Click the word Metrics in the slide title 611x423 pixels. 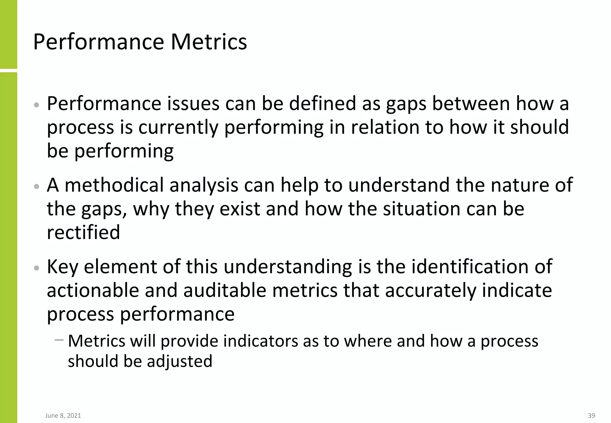(x=209, y=42)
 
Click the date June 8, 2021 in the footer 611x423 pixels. (x=63, y=416)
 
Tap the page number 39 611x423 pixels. (x=591, y=416)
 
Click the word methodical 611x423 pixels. (x=114, y=185)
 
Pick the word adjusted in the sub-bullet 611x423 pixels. (x=180, y=361)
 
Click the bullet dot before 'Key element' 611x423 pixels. (x=36, y=268)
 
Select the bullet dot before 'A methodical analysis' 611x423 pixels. (x=36, y=186)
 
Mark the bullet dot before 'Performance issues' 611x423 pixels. (x=36, y=105)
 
